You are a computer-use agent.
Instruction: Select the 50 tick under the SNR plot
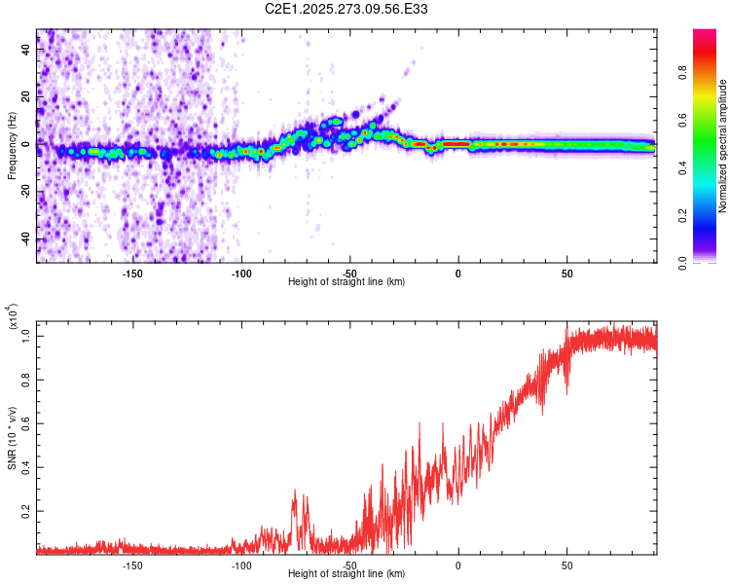pyautogui.click(x=566, y=565)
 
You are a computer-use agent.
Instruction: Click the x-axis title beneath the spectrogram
pyautogui.click(x=347, y=282)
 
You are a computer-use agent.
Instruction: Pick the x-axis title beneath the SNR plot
pyautogui.click(x=347, y=574)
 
